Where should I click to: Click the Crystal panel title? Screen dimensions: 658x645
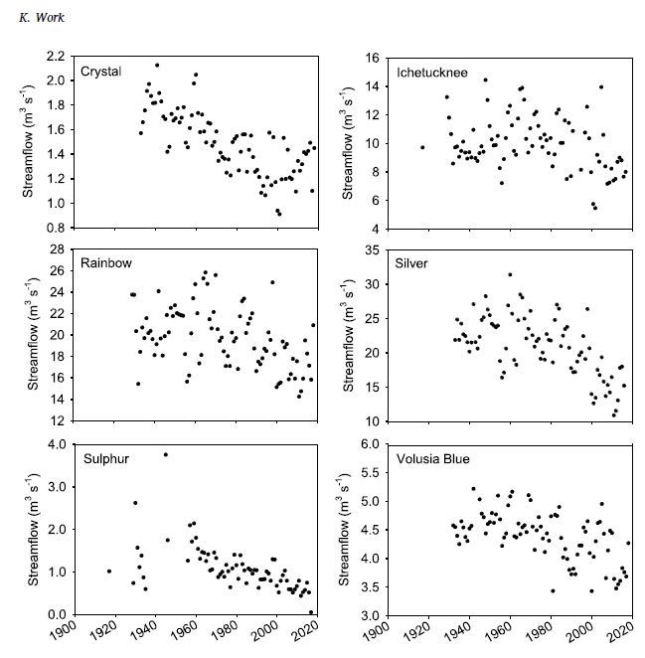click(x=102, y=72)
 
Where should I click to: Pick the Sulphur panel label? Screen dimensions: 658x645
click(x=101, y=458)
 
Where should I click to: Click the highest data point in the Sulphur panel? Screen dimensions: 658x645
click(x=165, y=454)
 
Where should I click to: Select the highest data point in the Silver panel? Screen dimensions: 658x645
click(x=510, y=274)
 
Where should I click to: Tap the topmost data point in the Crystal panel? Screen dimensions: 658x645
click(x=157, y=66)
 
